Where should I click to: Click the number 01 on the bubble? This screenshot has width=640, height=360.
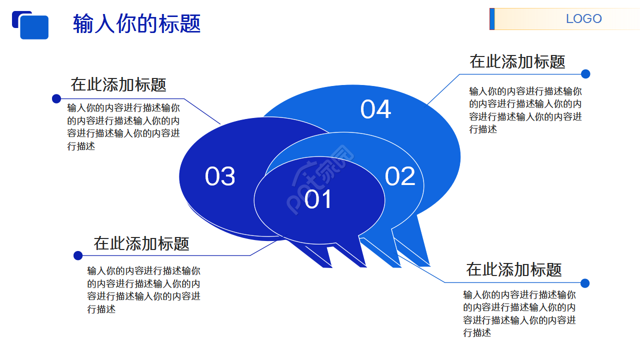coord(318,199)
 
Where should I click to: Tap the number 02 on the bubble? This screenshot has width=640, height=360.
coord(400,176)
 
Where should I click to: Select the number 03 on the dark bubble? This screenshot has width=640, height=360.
coord(220,176)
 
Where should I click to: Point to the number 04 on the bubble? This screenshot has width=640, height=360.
coord(375,109)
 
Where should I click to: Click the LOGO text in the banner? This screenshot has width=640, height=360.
coord(583,19)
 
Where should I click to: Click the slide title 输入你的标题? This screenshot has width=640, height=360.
coord(136,23)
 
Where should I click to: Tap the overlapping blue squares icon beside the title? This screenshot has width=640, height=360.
coord(30,25)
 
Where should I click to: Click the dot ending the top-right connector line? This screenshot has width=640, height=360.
coord(585,74)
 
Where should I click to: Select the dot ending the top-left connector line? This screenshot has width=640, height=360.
coord(56,98)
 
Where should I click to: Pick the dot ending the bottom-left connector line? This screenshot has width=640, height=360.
coord(78,255)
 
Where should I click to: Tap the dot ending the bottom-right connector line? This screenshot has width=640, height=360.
coord(585,283)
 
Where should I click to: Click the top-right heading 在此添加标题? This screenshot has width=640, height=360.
coord(517,61)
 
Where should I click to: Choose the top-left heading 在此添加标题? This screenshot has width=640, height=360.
coord(118,84)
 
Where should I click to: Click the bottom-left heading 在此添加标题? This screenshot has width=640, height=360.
coord(141,243)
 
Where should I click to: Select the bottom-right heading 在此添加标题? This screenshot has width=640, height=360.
coord(514,269)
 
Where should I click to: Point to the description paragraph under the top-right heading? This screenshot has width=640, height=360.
coord(525,110)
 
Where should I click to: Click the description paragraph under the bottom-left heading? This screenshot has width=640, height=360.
coord(143,290)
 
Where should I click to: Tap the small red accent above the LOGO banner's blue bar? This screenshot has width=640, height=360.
coord(492,9)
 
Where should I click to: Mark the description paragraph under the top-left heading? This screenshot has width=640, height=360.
coord(123,127)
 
